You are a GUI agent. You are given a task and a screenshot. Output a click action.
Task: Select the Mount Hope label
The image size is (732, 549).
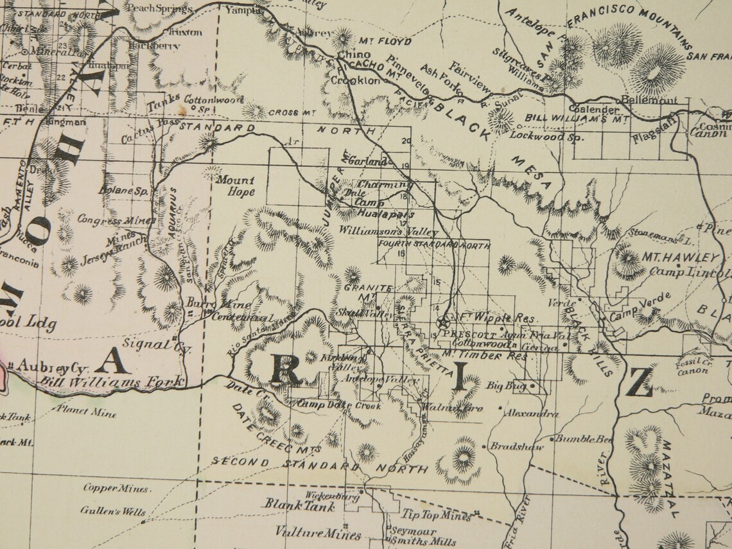click(235, 186)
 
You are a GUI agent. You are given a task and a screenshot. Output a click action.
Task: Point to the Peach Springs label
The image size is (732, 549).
click(159, 8)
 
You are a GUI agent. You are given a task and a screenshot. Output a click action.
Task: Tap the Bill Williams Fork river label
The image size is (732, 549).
click(112, 383)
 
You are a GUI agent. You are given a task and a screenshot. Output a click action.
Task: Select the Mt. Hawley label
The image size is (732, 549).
click(674, 257)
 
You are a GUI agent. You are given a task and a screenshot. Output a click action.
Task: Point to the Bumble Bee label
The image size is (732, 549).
click(583, 439)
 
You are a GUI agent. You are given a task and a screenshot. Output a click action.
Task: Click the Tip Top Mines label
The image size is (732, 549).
click(437, 515)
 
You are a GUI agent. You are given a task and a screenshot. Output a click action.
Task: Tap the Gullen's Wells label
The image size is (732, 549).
click(113, 512)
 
